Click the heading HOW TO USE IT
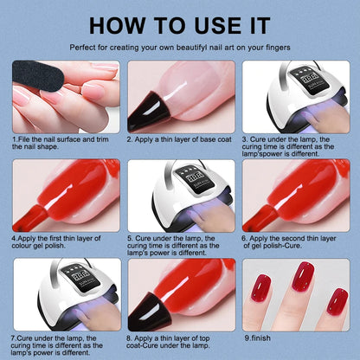coord(180,22)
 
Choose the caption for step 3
coord(294,146)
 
